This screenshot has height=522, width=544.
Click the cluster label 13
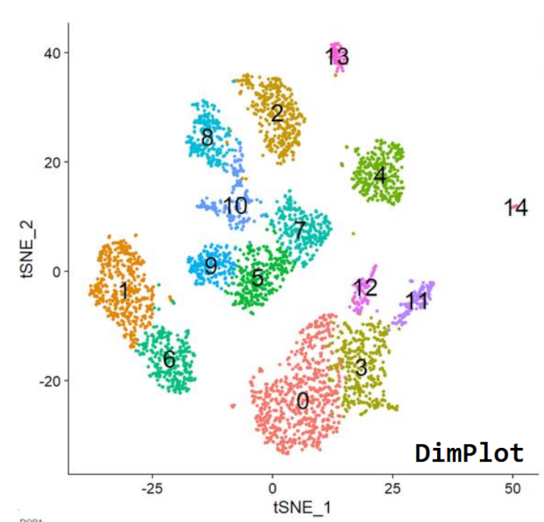point(336,56)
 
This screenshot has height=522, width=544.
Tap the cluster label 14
point(516,208)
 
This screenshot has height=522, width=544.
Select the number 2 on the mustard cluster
point(277,114)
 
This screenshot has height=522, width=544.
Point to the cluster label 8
point(207,138)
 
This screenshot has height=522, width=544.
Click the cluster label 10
point(235,206)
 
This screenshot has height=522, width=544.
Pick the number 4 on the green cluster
point(380,176)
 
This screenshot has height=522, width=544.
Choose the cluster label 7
point(299,229)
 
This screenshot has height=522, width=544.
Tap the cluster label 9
point(211,266)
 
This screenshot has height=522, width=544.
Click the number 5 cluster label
point(258,277)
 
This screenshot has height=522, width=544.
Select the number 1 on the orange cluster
point(123,291)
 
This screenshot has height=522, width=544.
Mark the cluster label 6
point(169,359)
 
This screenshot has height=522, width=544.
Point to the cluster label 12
point(365,288)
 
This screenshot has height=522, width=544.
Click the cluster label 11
point(417,301)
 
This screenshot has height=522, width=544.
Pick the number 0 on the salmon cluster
point(303,401)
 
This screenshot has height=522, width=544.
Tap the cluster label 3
point(361,368)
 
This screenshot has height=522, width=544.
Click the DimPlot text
point(469,453)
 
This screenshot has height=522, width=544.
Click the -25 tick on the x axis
point(151,485)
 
